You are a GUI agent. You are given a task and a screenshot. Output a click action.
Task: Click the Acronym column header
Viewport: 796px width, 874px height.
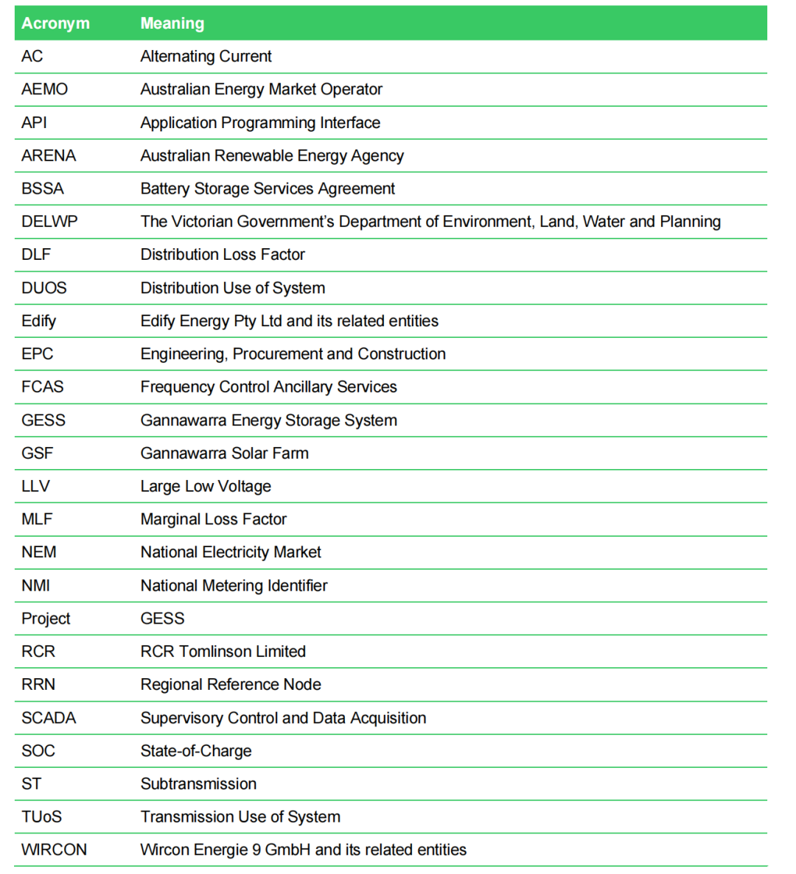[x=55, y=24]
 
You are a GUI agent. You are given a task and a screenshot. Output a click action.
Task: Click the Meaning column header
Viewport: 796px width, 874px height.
[x=172, y=24]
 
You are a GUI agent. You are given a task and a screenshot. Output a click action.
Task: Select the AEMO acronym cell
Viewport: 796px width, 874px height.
[x=44, y=89]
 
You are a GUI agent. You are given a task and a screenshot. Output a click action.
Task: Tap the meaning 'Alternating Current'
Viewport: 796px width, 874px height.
[x=206, y=57]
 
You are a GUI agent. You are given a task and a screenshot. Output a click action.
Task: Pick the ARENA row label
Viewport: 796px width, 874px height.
[x=49, y=155]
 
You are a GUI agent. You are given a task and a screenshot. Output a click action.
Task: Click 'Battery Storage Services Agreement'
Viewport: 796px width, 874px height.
[x=268, y=188]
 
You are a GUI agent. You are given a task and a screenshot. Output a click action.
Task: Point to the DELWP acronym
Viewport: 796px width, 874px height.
[x=49, y=222]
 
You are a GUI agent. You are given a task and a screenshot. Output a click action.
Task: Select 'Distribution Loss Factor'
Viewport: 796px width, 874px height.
[x=223, y=255]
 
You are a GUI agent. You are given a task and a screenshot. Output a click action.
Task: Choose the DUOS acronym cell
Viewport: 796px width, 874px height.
[x=44, y=288]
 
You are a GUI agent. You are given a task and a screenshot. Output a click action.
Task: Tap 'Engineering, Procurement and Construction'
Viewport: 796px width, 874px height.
[x=293, y=354]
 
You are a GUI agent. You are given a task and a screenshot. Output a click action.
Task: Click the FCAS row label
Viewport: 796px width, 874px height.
[x=43, y=387]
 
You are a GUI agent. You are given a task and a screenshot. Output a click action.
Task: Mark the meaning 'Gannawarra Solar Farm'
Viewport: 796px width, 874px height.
[x=224, y=454]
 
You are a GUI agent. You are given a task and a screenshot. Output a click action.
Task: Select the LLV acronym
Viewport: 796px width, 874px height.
[x=35, y=486]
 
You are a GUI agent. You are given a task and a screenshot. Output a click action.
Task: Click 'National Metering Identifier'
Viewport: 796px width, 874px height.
[x=234, y=585]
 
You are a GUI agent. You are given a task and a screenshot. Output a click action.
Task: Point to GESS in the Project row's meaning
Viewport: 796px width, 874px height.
[x=162, y=619]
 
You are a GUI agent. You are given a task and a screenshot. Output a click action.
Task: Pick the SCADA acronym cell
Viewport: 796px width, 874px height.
[x=49, y=718]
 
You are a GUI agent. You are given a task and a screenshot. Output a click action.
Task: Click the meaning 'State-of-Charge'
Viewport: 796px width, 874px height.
[x=196, y=751]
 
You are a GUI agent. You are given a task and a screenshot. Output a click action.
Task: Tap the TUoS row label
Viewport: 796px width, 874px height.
[x=41, y=817]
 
